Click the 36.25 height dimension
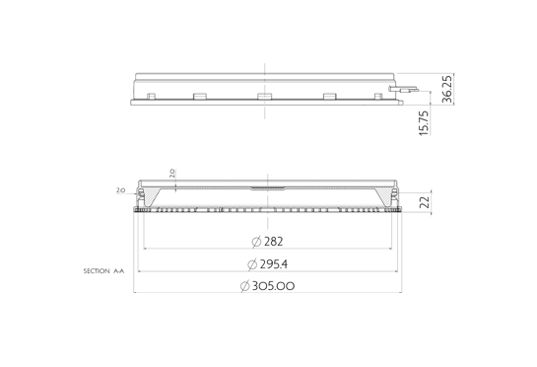click(447, 89)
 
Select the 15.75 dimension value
click(424, 122)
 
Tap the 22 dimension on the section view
click(425, 202)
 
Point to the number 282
click(274, 242)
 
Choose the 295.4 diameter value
click(274, 264)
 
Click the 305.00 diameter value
click(273, 286)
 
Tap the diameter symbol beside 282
click(256, 242)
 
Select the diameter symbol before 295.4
click(252, 264)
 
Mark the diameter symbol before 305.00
click(244, 286)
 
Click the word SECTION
click(97, 271)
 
